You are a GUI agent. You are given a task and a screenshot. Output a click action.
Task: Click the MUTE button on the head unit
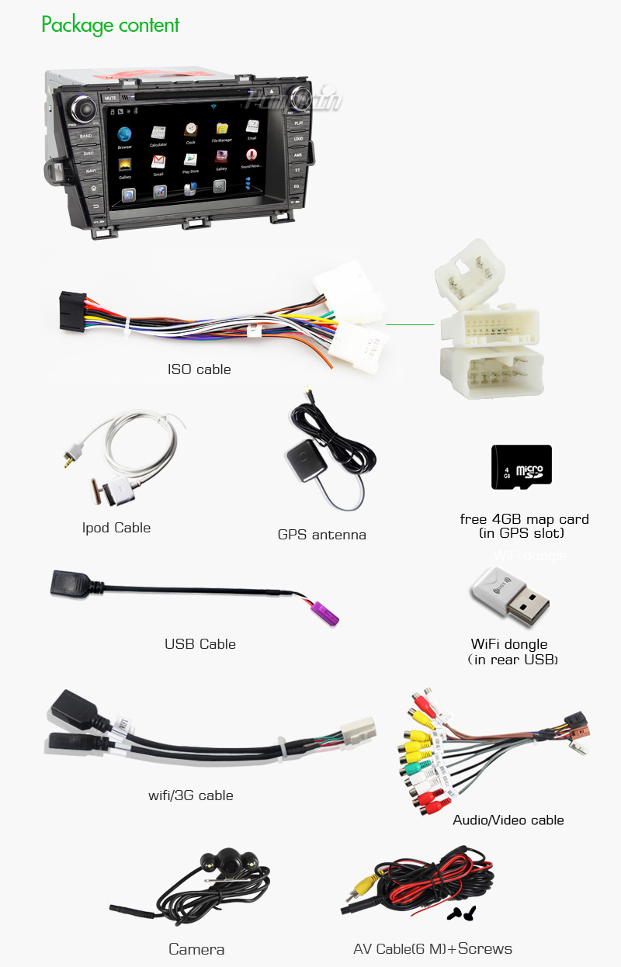(110, 99)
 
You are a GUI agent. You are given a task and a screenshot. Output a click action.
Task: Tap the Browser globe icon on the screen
(124, 133)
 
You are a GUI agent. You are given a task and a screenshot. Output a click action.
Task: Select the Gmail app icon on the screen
(158, 162)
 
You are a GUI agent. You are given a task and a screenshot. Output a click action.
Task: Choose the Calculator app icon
(158, 133)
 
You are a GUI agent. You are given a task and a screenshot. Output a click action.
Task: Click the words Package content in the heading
(110, 25)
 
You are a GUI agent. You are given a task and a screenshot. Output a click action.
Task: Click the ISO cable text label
(199, 369)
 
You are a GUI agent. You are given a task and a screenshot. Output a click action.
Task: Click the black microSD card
(521, 467)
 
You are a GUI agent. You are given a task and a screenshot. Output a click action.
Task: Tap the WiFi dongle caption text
(509, 644)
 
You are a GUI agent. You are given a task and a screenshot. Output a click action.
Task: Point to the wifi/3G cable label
(191, 795)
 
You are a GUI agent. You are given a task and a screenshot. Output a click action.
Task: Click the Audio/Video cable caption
(508, 820)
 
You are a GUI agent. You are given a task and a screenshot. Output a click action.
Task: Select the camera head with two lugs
(230, 859)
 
